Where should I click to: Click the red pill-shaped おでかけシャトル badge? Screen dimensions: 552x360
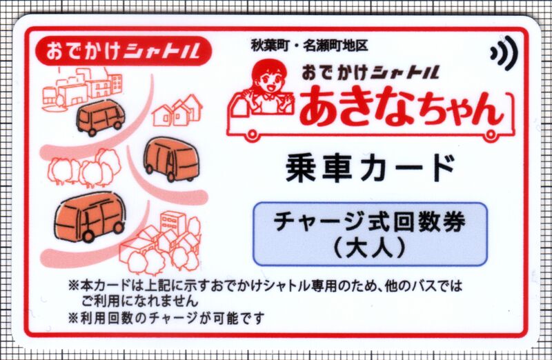point(124,50)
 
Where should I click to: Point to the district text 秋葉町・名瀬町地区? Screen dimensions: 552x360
point(309,45)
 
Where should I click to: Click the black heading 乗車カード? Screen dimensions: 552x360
point(370,169)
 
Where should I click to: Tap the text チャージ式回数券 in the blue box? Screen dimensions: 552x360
point(370,222)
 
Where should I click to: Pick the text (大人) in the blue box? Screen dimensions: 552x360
point(370,249)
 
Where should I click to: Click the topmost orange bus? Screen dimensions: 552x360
point(101,117)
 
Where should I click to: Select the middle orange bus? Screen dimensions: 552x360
point(171,159)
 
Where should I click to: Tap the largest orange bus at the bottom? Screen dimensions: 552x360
point(90,217)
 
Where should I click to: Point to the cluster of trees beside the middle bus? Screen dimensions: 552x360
point(84,168)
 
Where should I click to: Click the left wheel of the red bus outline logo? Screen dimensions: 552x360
point(251,134)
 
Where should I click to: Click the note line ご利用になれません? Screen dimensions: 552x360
point(140,301)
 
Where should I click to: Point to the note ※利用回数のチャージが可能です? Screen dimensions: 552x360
point(166,319)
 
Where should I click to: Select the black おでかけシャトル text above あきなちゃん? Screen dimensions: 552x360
point(371,73)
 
